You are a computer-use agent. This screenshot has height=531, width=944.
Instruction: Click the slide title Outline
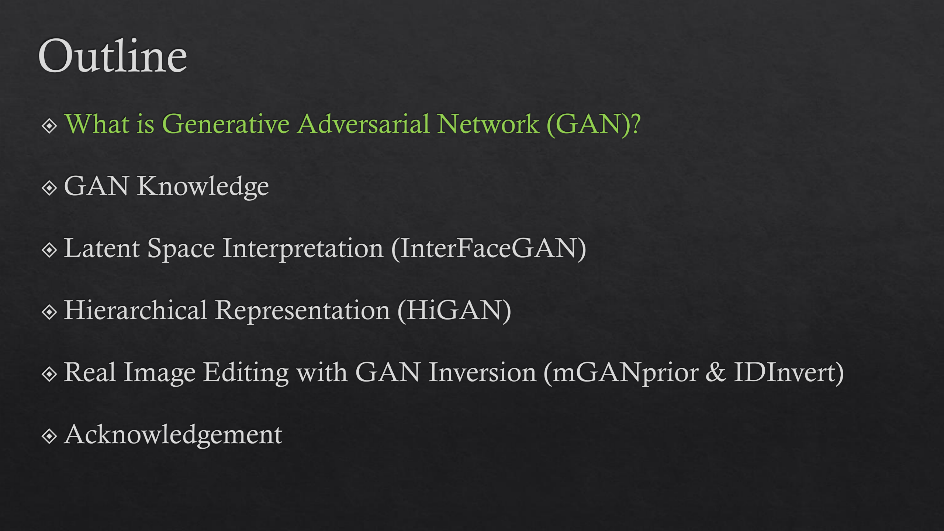click(x=113, y=56)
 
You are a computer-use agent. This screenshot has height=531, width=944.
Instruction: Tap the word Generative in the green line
click(x=226, y=124)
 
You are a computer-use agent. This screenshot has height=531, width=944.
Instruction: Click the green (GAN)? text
click(x=594, y=124)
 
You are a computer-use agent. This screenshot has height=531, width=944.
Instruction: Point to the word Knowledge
click(x=203, y=187)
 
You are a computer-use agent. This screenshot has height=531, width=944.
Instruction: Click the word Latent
click(x=102, y=248)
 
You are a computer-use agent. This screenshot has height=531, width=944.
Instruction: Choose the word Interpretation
click(x=303, y=249)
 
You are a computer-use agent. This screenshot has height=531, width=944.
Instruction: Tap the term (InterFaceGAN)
click(x=489, y=249)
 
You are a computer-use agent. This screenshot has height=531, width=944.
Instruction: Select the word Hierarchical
click(x=136, y=310)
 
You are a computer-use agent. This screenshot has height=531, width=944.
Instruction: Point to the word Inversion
click(x=483, y=372)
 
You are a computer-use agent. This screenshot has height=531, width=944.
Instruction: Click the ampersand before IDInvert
click(x=716, y=372)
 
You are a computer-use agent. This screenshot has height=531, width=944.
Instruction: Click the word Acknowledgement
click(x=173, y=435)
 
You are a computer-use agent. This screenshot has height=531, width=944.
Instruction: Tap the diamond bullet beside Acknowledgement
click(x=49, y=437)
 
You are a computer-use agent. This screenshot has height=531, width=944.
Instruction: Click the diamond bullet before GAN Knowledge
click(x=49, y=188)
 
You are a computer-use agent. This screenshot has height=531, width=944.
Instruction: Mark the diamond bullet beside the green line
click(x=49, y=126)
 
